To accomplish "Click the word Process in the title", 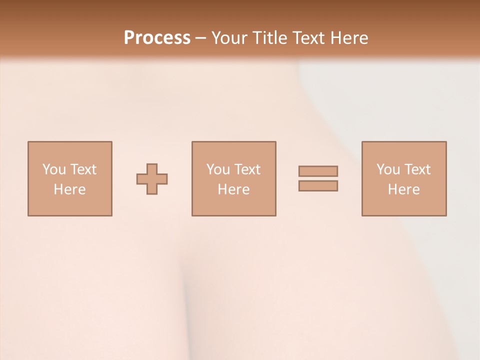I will (157, 38).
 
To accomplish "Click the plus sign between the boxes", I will (152, 179).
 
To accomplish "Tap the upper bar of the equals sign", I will (318, 171).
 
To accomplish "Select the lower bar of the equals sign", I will (318, 185).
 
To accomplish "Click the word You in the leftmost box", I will (54, 169).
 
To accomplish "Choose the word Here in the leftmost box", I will (69, 189).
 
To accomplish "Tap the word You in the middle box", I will (218, 169).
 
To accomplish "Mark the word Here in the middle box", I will (233, 189).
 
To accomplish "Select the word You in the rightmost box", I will (388, 169).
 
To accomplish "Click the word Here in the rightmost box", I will (403, 189).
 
